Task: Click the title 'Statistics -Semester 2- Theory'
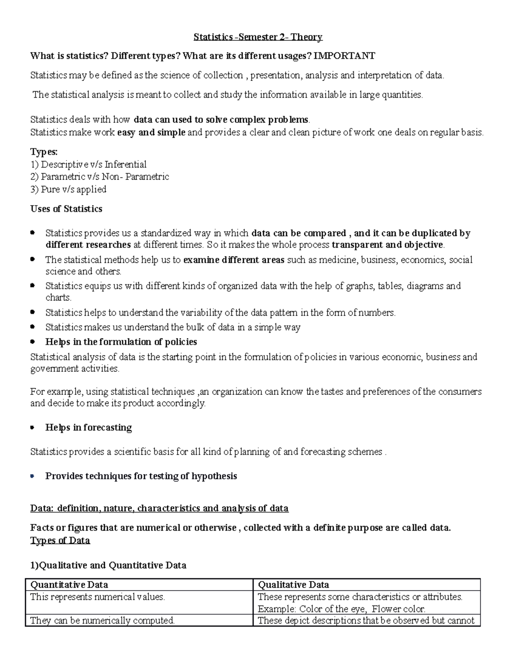tap(258, 37)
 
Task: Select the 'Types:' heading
tap(43, 152)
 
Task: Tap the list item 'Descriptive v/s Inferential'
tap(93, 164)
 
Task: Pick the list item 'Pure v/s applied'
tap(74, 189)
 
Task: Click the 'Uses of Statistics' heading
tap(66, 209)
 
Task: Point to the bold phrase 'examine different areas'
tap(233, 260)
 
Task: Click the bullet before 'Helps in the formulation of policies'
tap(33, 342)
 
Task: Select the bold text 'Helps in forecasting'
tap(89, 428)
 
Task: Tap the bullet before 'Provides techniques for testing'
tap(33, 476)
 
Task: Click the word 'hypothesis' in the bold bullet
tap(214, 476)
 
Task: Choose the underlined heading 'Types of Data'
tap(60, 541)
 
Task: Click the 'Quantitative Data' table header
tap(69, 585)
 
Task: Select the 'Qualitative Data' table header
tap(293, 585)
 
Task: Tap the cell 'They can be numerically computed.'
tap(102, 620)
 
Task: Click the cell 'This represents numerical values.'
tap(98, 597)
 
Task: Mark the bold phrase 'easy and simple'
tap(151, 132)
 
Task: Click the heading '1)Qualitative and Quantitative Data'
tap(108, 565)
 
